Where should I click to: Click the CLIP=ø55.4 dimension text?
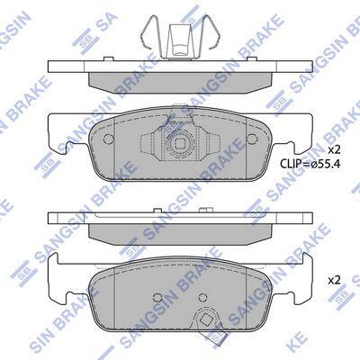pos(310,164)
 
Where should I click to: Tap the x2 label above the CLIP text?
pos(334,149)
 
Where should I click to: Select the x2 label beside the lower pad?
pos(334,281)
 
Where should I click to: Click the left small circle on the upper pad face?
pos(109,139)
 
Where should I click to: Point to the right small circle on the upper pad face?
pos(252,139)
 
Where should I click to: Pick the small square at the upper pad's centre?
pos(180,144)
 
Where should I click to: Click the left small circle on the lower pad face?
pos(157,297)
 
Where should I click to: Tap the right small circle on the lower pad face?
pos(203,297)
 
